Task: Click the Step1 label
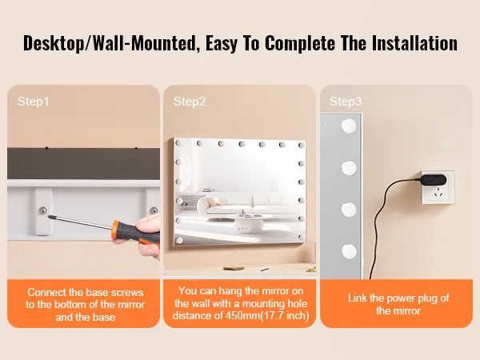point(33,102)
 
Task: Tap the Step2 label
point(190,102)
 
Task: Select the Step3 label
point(346,102)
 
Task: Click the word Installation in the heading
point(414,43)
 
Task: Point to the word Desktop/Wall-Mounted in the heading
point(110,43)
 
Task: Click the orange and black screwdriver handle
point(136,232)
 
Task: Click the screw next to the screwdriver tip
point(43,210)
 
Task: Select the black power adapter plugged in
point(432,180)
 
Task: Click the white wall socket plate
point(438,187)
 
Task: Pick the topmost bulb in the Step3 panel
point(349,126)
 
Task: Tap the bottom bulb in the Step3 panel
point(349,251)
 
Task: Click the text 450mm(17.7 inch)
point(267,316)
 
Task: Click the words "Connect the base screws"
point(85,292)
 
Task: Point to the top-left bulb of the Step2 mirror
point(178,143)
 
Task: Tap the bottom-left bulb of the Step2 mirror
point(179,240)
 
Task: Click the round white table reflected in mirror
point(249,218)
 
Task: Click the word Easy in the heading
point(222,43)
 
